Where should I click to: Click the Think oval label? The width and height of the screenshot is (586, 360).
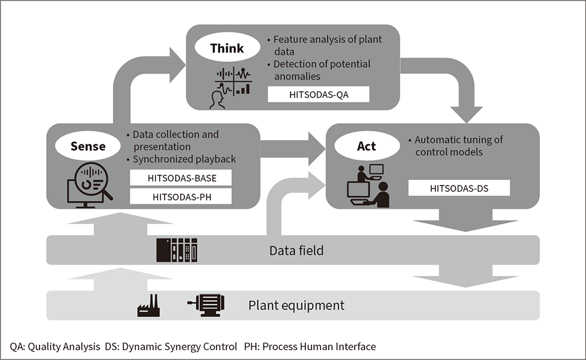coord(226,48)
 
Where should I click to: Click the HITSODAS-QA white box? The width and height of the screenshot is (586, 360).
coord(318,94)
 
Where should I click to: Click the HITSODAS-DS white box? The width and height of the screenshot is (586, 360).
coord(459,188)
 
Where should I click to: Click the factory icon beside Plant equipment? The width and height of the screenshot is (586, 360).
coord(148,305)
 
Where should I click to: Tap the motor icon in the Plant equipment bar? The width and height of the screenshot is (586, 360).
coord(206,304)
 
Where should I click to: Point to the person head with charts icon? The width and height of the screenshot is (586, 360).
coord(231,86)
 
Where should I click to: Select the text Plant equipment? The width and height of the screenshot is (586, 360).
coord(296,305)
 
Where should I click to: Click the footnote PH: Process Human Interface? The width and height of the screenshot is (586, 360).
coord(319,346)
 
